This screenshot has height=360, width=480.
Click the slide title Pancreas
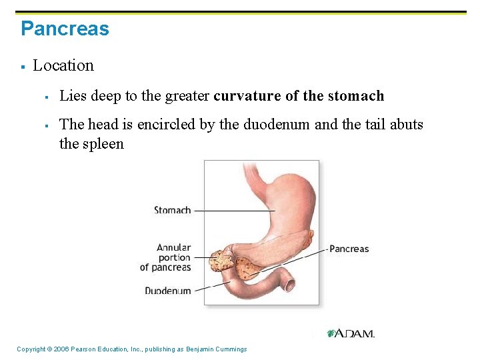coord(65,29)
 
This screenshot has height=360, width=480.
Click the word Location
coord(63,65)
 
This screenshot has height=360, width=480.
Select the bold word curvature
coord(247,96)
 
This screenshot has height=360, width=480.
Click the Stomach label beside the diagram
coord(172,210)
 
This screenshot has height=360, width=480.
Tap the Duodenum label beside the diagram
coord(167,291)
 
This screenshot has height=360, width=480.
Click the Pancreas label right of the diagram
coord(349,249)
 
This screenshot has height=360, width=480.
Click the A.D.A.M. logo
coord(351,333)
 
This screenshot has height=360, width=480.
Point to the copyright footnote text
coord(131,349)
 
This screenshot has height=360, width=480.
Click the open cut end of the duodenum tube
coord(290,285)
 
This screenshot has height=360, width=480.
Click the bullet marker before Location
coord(23,66)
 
